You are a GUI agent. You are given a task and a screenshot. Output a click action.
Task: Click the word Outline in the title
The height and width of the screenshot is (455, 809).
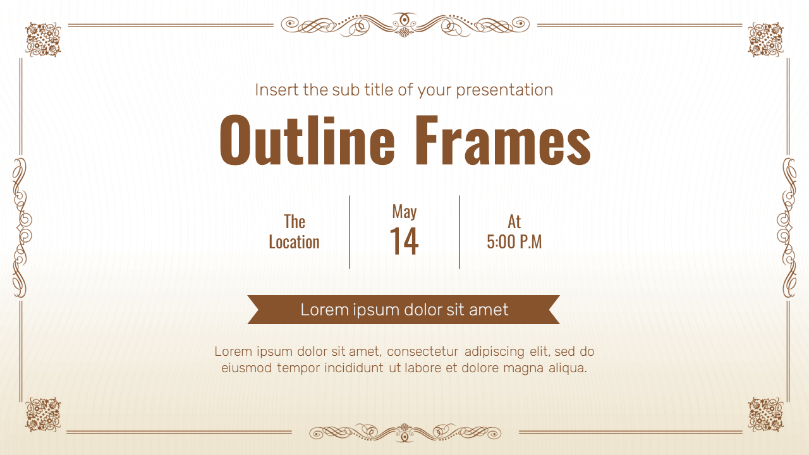tap(307, 140)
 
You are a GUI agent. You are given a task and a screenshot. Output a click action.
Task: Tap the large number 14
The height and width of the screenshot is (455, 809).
tap(404, 241)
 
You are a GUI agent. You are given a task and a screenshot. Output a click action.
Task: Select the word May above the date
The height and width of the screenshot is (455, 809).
tap(404, 211)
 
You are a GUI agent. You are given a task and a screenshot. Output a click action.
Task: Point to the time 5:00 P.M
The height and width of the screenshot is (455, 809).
tap(514, 242)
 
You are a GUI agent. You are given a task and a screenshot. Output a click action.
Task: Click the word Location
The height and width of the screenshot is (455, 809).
tap(294, 242)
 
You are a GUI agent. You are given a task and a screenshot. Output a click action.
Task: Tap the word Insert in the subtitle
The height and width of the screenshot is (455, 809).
tap(277, 90)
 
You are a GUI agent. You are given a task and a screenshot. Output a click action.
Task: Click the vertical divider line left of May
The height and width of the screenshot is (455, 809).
tap(350, 232)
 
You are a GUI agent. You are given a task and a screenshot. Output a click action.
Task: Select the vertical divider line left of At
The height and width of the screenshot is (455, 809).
tap(459, 232)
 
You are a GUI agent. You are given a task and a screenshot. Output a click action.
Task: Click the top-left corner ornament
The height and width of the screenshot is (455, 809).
tap(42, 39)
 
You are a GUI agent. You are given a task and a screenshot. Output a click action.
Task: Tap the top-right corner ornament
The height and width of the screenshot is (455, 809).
tap(765, 39)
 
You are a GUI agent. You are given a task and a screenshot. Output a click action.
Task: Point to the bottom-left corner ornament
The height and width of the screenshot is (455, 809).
tap(42, 415)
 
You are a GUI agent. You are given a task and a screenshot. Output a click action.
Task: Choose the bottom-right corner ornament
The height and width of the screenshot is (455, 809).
tap(765, 415)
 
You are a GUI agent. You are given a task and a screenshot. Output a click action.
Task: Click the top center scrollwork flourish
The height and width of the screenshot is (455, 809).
tap(404, 25)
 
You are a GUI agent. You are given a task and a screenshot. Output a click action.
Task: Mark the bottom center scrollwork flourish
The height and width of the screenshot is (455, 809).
tap(404, 433)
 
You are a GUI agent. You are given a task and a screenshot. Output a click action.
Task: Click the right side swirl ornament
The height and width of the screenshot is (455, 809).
tap(788, 227)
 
